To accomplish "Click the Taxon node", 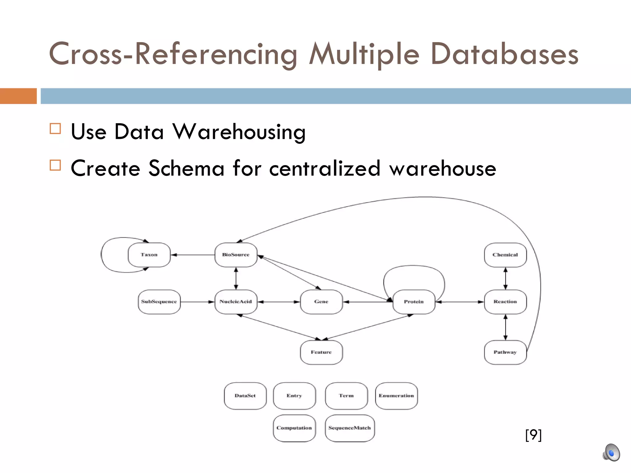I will click(149, 255).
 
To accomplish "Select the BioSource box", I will click(236, 255).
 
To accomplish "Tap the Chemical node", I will click(505, 255).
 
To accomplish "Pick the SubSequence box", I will click(159, 301).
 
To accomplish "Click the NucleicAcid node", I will click(236, 301).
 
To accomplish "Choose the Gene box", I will click(321, 301).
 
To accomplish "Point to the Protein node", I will click(414, 301).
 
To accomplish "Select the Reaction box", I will click(505, 301).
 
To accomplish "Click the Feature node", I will click(321, 352).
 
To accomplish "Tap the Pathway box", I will click(505, 352).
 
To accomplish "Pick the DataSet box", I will click(245, 396).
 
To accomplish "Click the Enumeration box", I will click(396, 396).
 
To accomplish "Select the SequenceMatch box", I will click(350, 428).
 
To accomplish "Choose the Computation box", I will click(294, 428).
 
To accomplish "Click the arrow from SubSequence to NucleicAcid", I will click(197, 302).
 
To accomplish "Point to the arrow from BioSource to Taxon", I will click(193, 255).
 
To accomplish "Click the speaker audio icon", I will click(611, 453).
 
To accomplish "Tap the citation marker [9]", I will click(533, 435).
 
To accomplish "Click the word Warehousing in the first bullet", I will click(239, 132).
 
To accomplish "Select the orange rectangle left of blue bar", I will click(18, 96).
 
